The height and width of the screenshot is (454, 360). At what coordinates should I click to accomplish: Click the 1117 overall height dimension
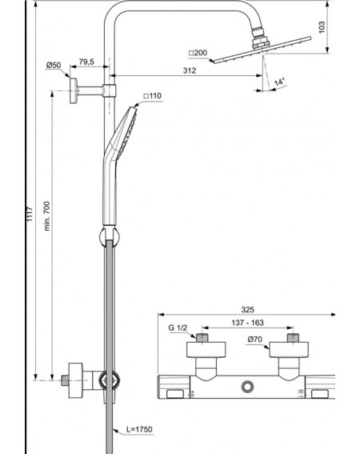(x=30, y=215)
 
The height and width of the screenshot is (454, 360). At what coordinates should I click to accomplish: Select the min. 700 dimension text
(x=47, y=216)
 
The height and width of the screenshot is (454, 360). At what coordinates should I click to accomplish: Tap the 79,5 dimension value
(x=86, y=62)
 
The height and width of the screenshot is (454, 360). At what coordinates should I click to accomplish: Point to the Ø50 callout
(x=54, y=65)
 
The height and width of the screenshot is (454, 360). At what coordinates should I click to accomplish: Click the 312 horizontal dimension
(x=190, y=70)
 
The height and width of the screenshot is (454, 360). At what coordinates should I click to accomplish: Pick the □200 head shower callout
(x=198, y=53)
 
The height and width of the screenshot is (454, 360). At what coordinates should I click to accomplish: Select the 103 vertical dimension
(x=322, y=27)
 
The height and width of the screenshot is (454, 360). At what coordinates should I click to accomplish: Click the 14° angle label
(x=279, y=82)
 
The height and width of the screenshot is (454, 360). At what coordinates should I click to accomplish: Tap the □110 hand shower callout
(x=153, y=96)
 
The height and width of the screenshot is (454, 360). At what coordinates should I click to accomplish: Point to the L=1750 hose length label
(x=139, y=429)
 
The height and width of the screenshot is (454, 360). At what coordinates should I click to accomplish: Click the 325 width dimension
(x=247, y=310)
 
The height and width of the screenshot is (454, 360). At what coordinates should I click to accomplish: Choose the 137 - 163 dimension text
(x=247, y=323)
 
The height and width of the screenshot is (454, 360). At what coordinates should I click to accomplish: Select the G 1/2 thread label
(x=178, y=327)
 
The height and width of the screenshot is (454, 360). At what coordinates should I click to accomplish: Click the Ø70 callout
(x=254, y=339)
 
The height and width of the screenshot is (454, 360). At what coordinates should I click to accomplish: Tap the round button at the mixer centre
(x=248, y=387)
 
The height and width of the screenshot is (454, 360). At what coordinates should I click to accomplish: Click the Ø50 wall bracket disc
(x=74, y=90)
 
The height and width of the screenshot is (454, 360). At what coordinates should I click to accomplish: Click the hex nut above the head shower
(x=261, y=43)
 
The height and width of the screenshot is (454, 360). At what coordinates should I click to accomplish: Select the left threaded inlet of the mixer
(x=202, y=338)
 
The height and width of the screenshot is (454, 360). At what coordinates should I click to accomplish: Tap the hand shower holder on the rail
(x=109, y=236)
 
